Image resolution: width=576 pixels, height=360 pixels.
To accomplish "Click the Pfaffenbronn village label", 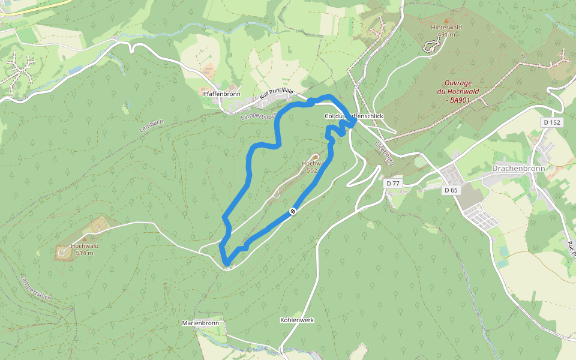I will pyautogui.click(x=222, y=94).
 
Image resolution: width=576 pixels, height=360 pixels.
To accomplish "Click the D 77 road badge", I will pyautogui.click(x=393, y=183).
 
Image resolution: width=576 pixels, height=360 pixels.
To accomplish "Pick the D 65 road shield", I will pyautogui.click(x=451, y=190).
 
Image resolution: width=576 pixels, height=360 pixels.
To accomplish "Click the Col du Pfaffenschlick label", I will pyautogui.click(x=353, y=116).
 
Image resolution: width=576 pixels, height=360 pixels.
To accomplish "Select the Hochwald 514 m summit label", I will pyautogui.click(x=85, y=249).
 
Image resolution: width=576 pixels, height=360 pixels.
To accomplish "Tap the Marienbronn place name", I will pyautogui.click(x=200, y=323).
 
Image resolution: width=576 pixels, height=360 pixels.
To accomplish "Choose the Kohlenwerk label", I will pyautogui.click(x=297, y=320).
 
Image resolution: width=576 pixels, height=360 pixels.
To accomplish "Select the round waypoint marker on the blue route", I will pyautogui.click(x=292, y=211).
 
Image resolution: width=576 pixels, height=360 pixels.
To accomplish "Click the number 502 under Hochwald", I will pyautogui.click(x=311, y=170).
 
